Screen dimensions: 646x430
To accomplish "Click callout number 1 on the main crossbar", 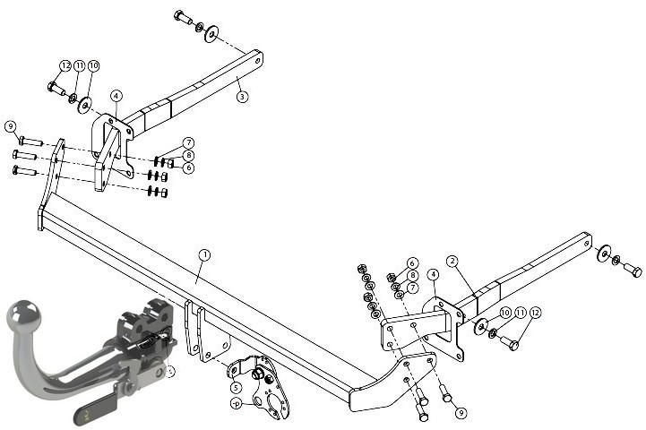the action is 204,255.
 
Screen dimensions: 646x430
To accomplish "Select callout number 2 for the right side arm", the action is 452,261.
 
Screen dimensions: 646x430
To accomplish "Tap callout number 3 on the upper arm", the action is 242,97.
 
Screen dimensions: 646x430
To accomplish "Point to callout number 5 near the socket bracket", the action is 236,388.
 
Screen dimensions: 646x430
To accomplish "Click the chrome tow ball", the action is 24,315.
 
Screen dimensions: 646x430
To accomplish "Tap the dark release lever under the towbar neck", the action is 95,409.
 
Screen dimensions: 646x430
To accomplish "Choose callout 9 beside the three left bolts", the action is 11,126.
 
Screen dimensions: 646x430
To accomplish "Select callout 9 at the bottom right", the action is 461,412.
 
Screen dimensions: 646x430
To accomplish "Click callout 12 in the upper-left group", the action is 65,65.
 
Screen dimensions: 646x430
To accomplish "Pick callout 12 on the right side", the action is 535,313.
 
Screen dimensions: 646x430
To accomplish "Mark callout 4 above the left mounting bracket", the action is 116,96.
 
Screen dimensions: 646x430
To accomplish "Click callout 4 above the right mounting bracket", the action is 433,274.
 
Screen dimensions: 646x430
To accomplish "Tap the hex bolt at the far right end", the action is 633,271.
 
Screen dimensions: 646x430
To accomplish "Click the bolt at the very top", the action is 184,17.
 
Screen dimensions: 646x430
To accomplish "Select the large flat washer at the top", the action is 211,34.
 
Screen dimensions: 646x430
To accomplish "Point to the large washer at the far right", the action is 604,253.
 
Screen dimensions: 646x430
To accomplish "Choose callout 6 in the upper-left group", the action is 188,168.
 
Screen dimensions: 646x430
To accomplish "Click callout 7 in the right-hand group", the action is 412,287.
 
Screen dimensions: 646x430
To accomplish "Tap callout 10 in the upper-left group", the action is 93,65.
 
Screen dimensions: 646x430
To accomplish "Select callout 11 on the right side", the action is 521,313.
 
